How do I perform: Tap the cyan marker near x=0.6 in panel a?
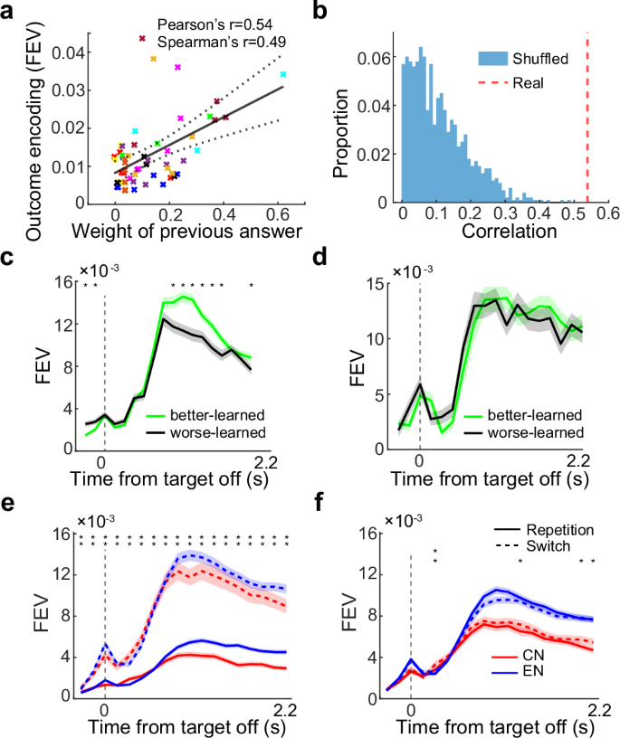pyautogui.click(x=283, y=74)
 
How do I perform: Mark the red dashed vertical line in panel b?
pyautogui.click(x=587, y=118)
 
